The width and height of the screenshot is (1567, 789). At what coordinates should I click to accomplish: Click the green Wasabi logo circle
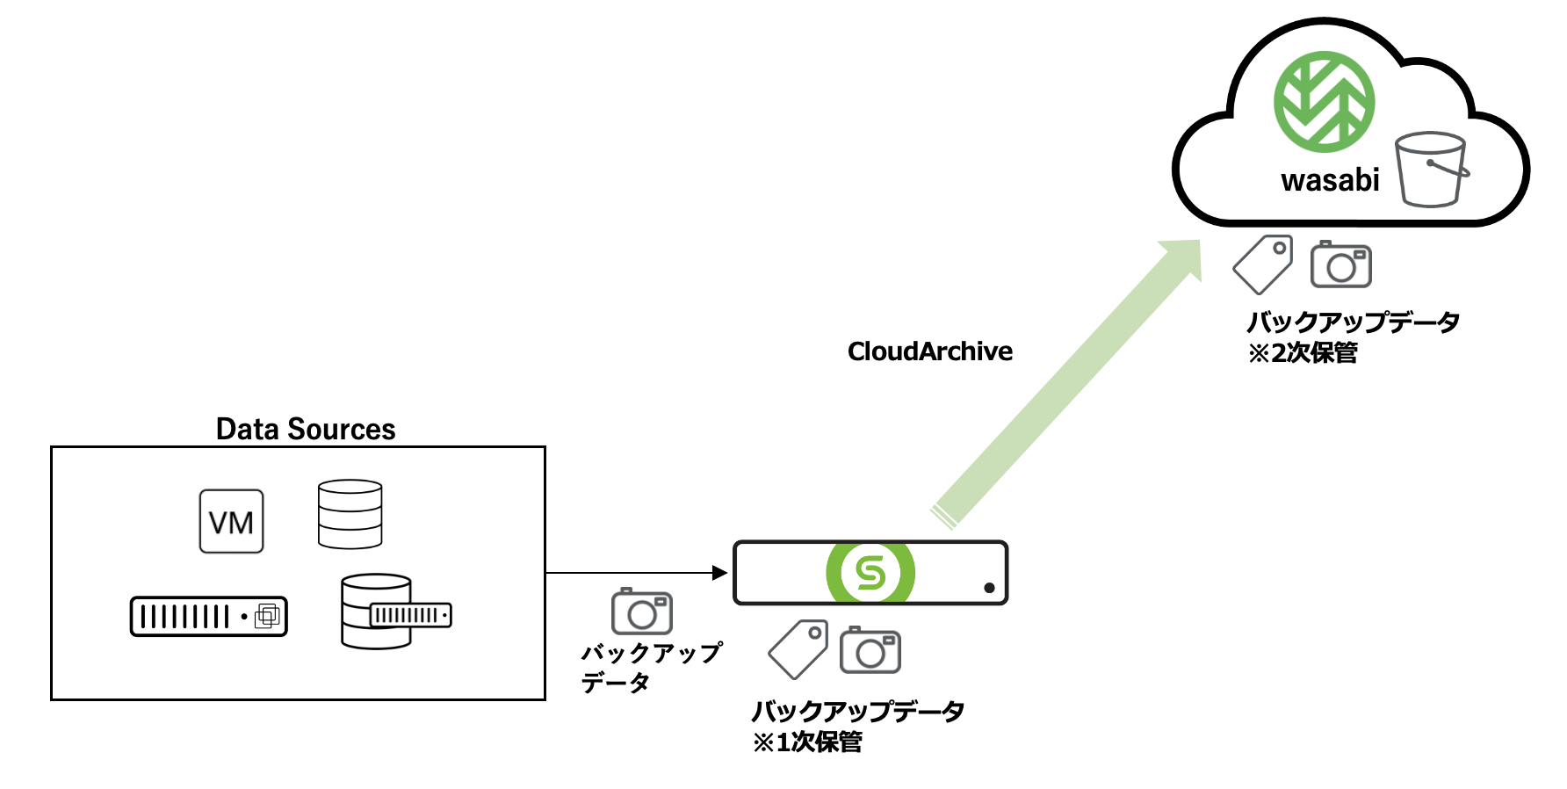[1324, 102]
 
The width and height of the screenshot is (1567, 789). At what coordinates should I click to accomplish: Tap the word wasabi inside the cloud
[1330, 180]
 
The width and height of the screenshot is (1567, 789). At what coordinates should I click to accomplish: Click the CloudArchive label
[929, 351]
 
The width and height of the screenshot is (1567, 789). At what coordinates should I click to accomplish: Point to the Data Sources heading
[306, 429]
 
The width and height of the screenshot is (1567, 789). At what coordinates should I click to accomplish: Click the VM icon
[231, 522]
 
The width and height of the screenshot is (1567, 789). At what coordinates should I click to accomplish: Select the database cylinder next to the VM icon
[350, 514]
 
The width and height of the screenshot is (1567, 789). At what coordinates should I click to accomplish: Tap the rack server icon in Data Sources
[209, 616]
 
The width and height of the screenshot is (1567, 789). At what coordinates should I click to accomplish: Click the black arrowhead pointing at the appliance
[720, 573]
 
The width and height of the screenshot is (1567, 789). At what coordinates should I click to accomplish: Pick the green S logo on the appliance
[870, 573]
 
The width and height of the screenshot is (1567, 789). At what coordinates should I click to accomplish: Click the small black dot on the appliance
[989, 588]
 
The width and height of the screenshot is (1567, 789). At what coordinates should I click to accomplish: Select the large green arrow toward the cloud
[1067, 382]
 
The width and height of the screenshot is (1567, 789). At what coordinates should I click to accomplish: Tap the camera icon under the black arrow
[642, 612]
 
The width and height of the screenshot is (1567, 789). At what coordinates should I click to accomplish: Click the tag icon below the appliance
[798, 649]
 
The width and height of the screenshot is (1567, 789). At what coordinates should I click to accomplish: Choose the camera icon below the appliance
[870, 651]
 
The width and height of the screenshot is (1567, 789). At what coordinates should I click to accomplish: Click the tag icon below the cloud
[1263, 264]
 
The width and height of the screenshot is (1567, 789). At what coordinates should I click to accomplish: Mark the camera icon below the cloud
[1340, 264]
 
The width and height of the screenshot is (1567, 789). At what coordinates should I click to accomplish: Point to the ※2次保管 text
[1303, 353]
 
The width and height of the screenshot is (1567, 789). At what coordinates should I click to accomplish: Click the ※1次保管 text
[807, 742]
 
